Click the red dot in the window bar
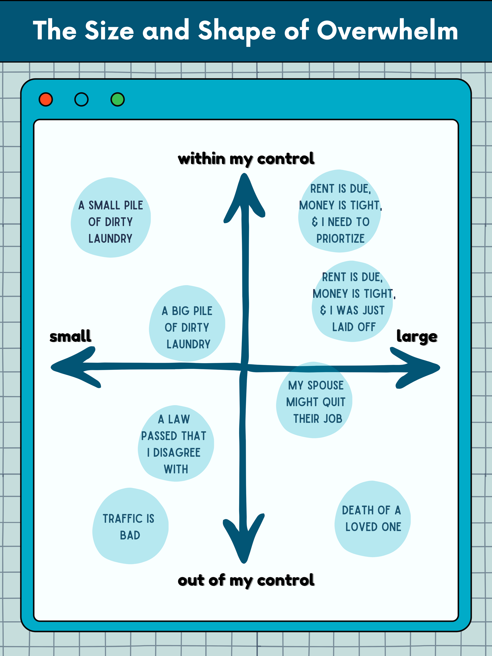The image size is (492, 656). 46,99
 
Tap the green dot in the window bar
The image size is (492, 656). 117,99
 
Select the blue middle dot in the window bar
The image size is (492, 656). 81,99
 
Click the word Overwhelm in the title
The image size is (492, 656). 387,31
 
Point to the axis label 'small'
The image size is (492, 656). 70,336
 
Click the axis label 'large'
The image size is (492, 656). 417,337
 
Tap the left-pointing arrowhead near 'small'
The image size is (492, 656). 74,367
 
